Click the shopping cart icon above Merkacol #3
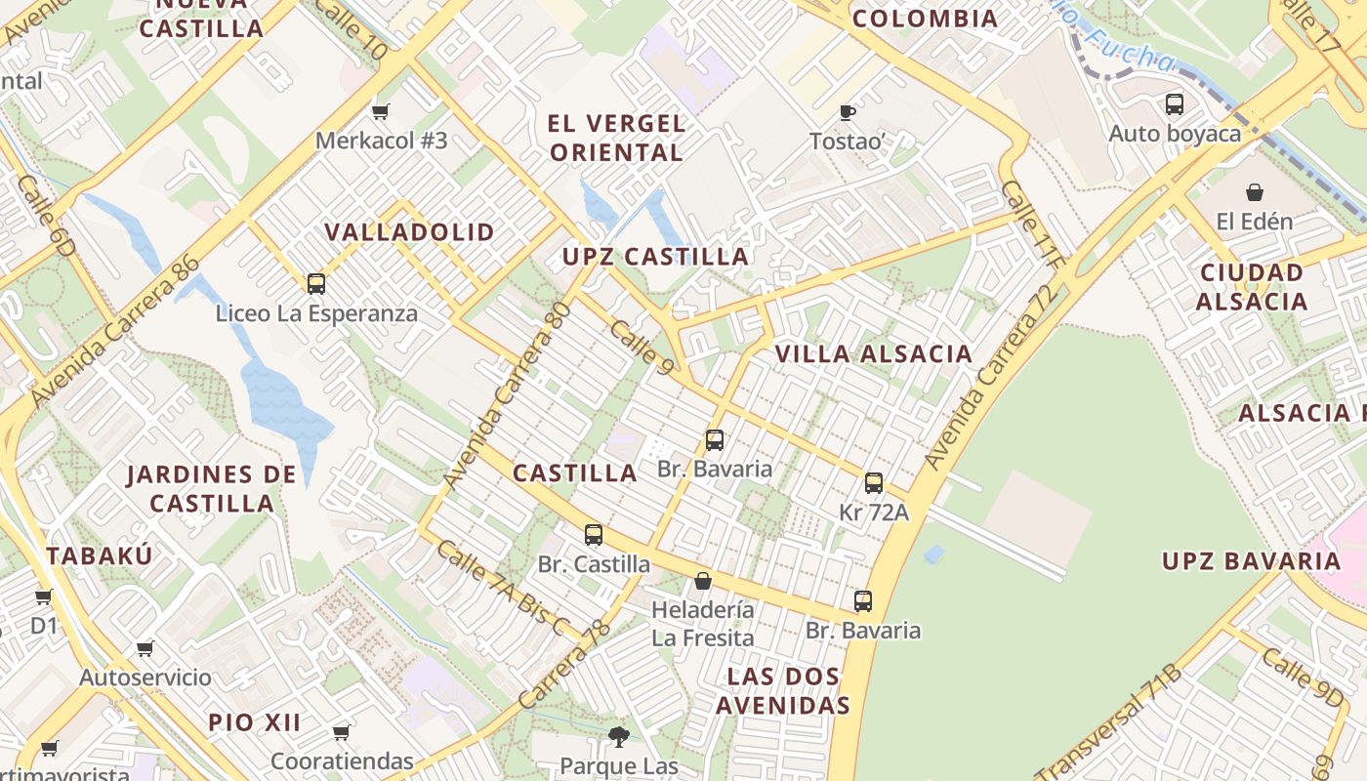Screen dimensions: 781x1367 (381, 112)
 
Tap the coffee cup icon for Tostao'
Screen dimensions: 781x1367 (848, 113)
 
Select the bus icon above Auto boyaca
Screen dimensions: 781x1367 (1175, 103)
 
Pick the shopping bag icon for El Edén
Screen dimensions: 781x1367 (1255, 192)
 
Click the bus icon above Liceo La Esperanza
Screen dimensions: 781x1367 (316, 284)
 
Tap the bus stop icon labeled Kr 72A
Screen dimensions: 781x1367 (874, 483)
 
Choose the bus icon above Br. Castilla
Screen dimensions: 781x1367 (594, 535)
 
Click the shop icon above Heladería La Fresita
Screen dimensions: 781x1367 (703, 582)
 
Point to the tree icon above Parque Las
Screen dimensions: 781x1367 (618, 736)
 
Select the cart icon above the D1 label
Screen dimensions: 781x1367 (43, 596)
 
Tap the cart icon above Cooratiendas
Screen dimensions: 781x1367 (342, 731)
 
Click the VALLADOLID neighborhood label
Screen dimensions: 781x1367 (410, 232)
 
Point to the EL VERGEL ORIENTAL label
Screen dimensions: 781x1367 (616, 139)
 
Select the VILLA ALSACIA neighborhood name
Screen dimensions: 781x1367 (874, 354)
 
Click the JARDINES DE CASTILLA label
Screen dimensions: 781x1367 (212, 489)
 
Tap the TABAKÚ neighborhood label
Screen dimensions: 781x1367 (100, 556)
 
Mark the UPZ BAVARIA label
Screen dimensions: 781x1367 (1251, 561)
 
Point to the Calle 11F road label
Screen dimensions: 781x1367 (1031, 224)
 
